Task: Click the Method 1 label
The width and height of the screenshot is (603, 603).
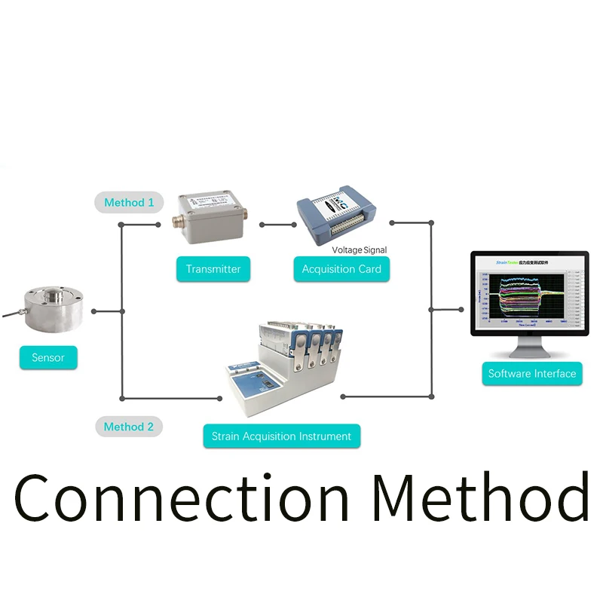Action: point(129,202)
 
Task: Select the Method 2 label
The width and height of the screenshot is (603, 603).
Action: point(129,427)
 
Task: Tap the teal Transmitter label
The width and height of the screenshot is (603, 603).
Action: point(213,269)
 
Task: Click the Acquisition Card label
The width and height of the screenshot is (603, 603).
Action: point(341,269)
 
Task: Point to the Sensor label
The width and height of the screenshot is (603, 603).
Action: point(48,357)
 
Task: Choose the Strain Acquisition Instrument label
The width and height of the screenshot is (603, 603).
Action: point(281,436)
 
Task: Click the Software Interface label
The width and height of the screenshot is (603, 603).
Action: point(531,373)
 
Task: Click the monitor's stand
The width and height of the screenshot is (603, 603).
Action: point(528,349)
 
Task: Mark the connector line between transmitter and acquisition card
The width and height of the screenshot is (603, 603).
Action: point(277,225)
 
